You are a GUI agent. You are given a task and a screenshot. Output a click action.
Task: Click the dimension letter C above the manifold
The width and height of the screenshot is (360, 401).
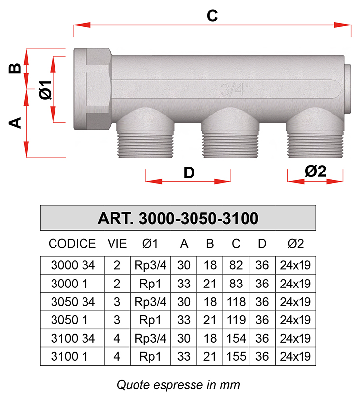pos(212,16)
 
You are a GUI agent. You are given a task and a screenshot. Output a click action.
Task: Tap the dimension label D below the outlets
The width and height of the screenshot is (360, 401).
pos(189,173)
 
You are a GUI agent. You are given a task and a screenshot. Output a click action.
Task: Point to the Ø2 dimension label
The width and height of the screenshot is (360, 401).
pos(315,171)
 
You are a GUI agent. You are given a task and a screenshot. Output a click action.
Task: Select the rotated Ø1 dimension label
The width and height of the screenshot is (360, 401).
pos(46,89)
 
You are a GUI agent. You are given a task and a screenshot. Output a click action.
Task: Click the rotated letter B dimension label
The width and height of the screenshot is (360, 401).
pos(15,68)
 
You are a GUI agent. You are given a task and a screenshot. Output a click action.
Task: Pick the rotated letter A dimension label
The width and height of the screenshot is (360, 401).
pos(15,123)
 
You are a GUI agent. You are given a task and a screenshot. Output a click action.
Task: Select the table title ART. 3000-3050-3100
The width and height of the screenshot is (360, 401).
pos(178,218)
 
